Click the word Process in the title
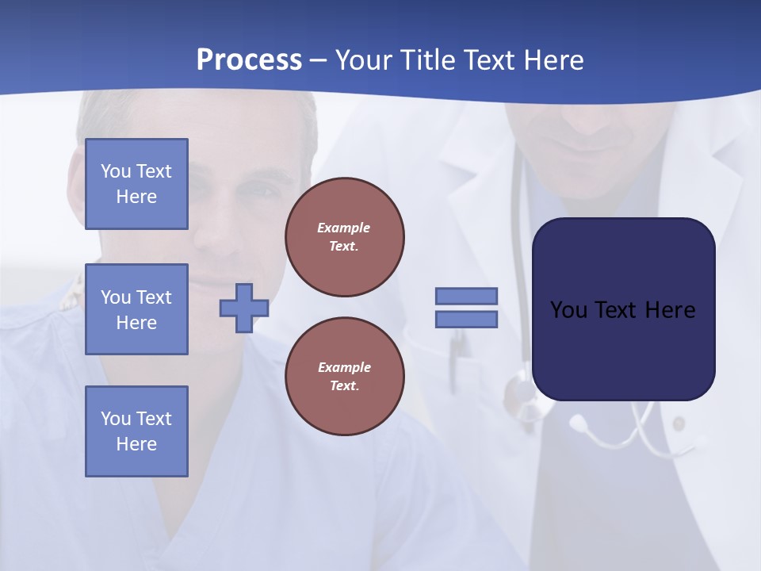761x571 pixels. [x=249, y=60]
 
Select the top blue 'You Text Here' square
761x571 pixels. [x=136, y=184]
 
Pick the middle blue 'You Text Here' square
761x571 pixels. [x=136, y=309]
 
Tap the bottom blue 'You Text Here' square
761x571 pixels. [x=136, y=431]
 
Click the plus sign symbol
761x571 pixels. [x=243, y=308]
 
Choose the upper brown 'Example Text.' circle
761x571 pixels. [x=344, y=237]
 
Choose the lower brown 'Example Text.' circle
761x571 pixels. [x=344, y=376]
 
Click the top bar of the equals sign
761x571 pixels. [x=466, y=296]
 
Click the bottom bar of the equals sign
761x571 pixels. [x=466, y=320]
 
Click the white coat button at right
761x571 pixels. [x=679, y=425]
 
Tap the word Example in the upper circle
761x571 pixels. [x=343, y=228]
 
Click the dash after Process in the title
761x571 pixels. [x=318, y=60]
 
